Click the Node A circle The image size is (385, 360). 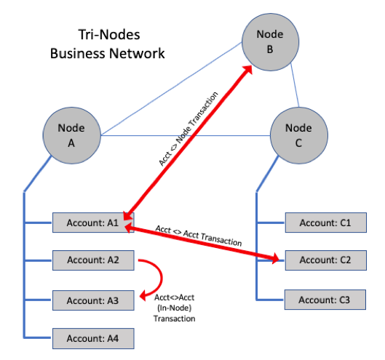coord(72,135)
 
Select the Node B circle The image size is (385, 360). coord(270,42)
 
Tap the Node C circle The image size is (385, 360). coord(299,135)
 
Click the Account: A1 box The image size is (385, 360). coord(93,223)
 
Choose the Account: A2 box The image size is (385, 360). coord(93,260)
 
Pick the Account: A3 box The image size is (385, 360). coord(93,300)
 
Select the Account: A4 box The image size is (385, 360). coord(93,338)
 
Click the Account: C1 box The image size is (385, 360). coord(326,223)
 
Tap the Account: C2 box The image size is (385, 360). coord(326,260)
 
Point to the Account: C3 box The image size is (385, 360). coord(325,300)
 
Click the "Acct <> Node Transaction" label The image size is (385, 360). coord(188,129)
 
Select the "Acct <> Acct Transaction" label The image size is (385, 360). coord(199,236)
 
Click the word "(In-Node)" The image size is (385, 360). coord(175,308)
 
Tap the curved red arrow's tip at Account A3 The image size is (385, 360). coord(140,297)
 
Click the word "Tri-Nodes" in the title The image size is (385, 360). coord(109,34)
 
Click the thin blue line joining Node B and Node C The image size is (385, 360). coord(295,85)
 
